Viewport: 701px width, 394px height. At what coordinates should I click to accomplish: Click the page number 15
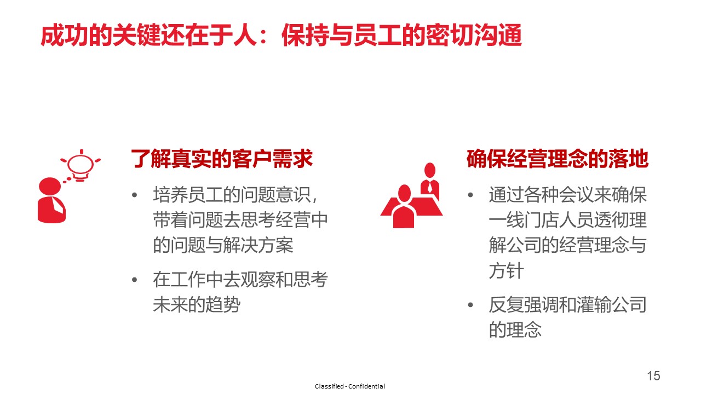pyautogui.click(x=653, y=375)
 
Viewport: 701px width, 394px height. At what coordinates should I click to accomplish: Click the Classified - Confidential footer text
pyautogui.click(x=350, y=386)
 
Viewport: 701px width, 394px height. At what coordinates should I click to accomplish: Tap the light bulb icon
pyautogui.click(x=81, y=165)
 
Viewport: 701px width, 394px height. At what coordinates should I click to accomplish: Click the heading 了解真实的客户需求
pyautogui.click(x=222, y=159)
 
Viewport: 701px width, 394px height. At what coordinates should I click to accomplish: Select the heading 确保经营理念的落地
pyautogui.click(x=557, y=159)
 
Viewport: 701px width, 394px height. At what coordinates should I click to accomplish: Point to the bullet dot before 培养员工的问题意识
pyautogui.click(x=135, y=195)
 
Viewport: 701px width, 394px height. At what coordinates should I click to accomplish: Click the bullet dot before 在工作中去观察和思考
pyautogui.click(x=135, y=280)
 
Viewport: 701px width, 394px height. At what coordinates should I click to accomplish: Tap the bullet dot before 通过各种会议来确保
pyautogui.click(x=470, y=195)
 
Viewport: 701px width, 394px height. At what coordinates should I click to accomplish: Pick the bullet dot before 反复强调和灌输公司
pyautogui.click(x=470, y=305)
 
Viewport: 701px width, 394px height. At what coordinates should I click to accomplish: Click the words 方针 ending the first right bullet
pyautogui.click(x=507, y=270)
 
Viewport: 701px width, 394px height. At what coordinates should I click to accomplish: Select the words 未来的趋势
pyautogui.click(x=197, y=305)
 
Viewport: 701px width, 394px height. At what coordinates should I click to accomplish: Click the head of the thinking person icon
pyautogui.click(x=50, y=187)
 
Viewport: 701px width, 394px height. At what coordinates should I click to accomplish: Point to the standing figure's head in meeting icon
pyautogui.click(x=430, y=170)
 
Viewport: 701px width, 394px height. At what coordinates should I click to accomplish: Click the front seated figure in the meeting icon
pyautogui.click(x=404, y=208)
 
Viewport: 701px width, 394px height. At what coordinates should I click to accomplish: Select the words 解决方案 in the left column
pyautogui.click(x=258, y=245)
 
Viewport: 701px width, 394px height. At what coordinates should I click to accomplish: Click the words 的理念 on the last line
pyautogui.click(x=515, y=329)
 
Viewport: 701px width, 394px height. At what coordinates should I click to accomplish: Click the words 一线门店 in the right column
pyautogui.click(x=524, y=220)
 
